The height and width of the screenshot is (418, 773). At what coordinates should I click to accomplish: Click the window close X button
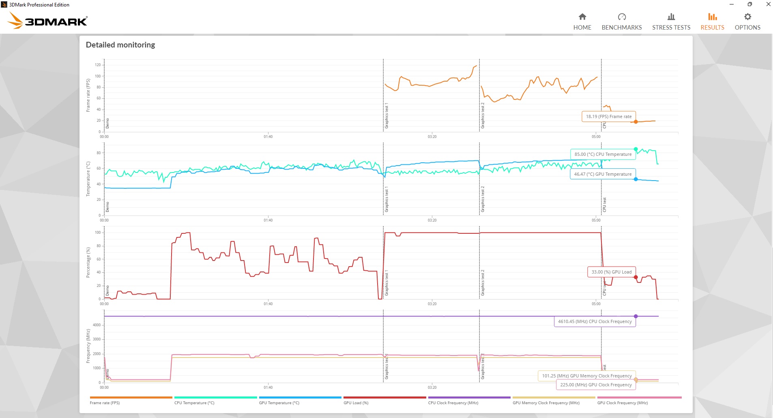[768, 4]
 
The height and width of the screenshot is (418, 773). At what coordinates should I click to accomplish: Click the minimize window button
[731, 4]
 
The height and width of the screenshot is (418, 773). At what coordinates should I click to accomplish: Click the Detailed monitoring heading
[120, 45]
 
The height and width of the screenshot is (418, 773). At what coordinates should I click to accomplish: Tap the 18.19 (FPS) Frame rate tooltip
[608, 116]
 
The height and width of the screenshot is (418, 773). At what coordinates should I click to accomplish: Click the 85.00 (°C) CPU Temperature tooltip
[603, 154]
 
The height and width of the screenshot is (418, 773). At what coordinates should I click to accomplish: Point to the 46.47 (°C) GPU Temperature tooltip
[603, 174]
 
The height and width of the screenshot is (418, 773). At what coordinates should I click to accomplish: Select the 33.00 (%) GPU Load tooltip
[611, 272]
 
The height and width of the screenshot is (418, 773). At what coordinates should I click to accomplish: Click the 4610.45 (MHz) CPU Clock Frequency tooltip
[595, 321]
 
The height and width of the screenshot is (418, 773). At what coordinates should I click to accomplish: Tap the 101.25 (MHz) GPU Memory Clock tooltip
[586, 376]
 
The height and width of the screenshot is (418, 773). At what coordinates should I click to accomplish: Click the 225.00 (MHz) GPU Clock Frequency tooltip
[596, 385]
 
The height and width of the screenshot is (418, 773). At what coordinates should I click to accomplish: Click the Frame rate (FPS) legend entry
[105, 403]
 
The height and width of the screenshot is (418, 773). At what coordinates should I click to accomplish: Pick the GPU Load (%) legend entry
[356, 403]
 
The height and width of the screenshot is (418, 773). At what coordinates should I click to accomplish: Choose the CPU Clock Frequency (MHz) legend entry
[453, 403]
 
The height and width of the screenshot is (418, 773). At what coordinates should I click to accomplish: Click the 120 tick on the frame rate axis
[98, 65]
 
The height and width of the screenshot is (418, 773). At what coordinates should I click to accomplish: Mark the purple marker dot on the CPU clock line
[636, 316]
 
